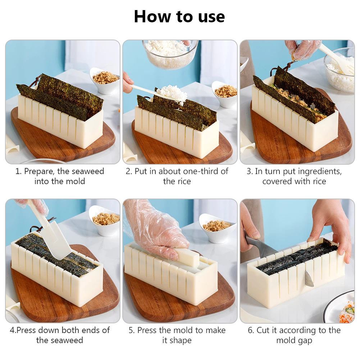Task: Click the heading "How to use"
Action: coord(179,17)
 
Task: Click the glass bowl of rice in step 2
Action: coord(170,54)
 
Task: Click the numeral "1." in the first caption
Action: coord(18,171)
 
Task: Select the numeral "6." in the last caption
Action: coord(251,331)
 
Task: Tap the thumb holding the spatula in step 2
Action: coord(127,78)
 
